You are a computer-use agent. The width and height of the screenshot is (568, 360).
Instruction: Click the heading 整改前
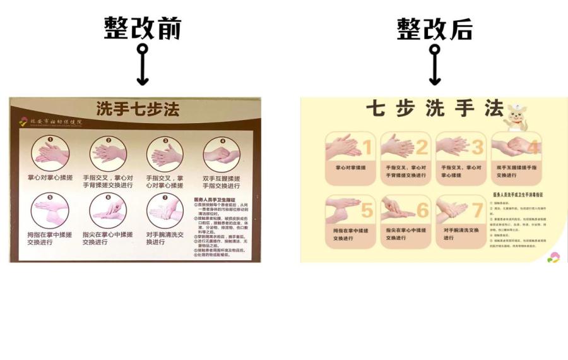pos(143,28)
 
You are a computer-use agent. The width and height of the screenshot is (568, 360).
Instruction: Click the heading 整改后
pos(435,28)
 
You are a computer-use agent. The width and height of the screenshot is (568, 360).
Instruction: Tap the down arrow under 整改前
pos(143,65)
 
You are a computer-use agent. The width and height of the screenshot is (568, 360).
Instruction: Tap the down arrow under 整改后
pos(435,65)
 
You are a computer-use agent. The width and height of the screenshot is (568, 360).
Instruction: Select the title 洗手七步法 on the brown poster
pos(138,109)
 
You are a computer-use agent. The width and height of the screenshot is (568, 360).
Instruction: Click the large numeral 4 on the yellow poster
pos(532,148)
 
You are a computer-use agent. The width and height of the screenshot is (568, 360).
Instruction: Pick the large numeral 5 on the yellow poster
pos(366,210)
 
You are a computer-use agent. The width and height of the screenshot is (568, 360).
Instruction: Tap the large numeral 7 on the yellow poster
pos(476,210)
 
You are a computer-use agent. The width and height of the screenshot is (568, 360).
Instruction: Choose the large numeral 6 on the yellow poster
pos(422,210)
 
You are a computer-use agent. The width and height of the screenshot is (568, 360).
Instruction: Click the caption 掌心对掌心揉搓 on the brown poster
pos(50,177)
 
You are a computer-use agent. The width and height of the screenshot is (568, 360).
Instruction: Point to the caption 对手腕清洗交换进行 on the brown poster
pos(165,238)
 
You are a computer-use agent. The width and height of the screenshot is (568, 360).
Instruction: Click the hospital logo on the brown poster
pos(24,122)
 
